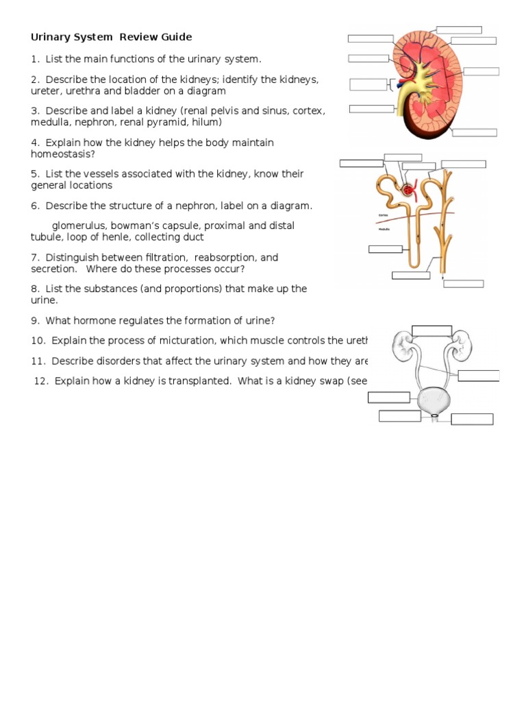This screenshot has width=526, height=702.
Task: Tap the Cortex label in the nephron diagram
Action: (384, 215)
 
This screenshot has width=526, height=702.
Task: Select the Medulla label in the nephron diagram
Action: (384, 229)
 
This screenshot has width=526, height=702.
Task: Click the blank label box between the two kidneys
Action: (431, 331)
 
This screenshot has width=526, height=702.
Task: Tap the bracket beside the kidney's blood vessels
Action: (392, 84)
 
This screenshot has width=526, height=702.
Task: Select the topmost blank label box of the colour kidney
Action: (458, 29)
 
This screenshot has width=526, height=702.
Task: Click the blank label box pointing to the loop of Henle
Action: (411, 276)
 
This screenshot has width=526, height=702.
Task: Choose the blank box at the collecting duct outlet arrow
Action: (463, 284)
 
